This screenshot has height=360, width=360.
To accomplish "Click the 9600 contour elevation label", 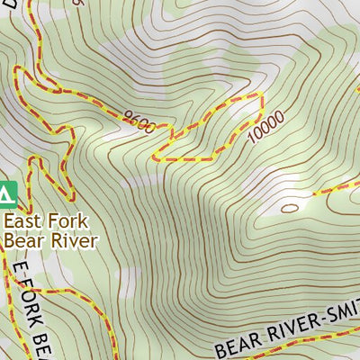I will (136, 120).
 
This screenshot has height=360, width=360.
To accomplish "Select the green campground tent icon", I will (6, 193).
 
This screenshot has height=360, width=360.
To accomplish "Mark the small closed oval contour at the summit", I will (289, 207).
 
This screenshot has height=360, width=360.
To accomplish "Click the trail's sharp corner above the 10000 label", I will (261, 94).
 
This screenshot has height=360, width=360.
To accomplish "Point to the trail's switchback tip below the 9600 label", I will (155, 158).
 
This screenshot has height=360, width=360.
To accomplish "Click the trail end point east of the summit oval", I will (314, 193).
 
